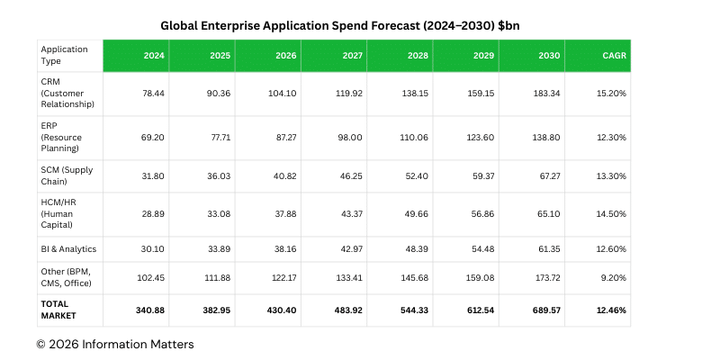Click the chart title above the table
click(x=360, y=26)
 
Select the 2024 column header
click(x=154, y=56)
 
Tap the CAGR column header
click(x=615, y=56)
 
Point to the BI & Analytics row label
click(x=68, y=248)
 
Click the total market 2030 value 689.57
click(x=548, y=310)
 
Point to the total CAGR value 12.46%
click(x=613, y=310)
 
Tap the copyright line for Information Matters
click(x=114, y=344)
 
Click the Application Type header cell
click(x=68, y=56)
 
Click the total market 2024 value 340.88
click(x=151, y=310)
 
